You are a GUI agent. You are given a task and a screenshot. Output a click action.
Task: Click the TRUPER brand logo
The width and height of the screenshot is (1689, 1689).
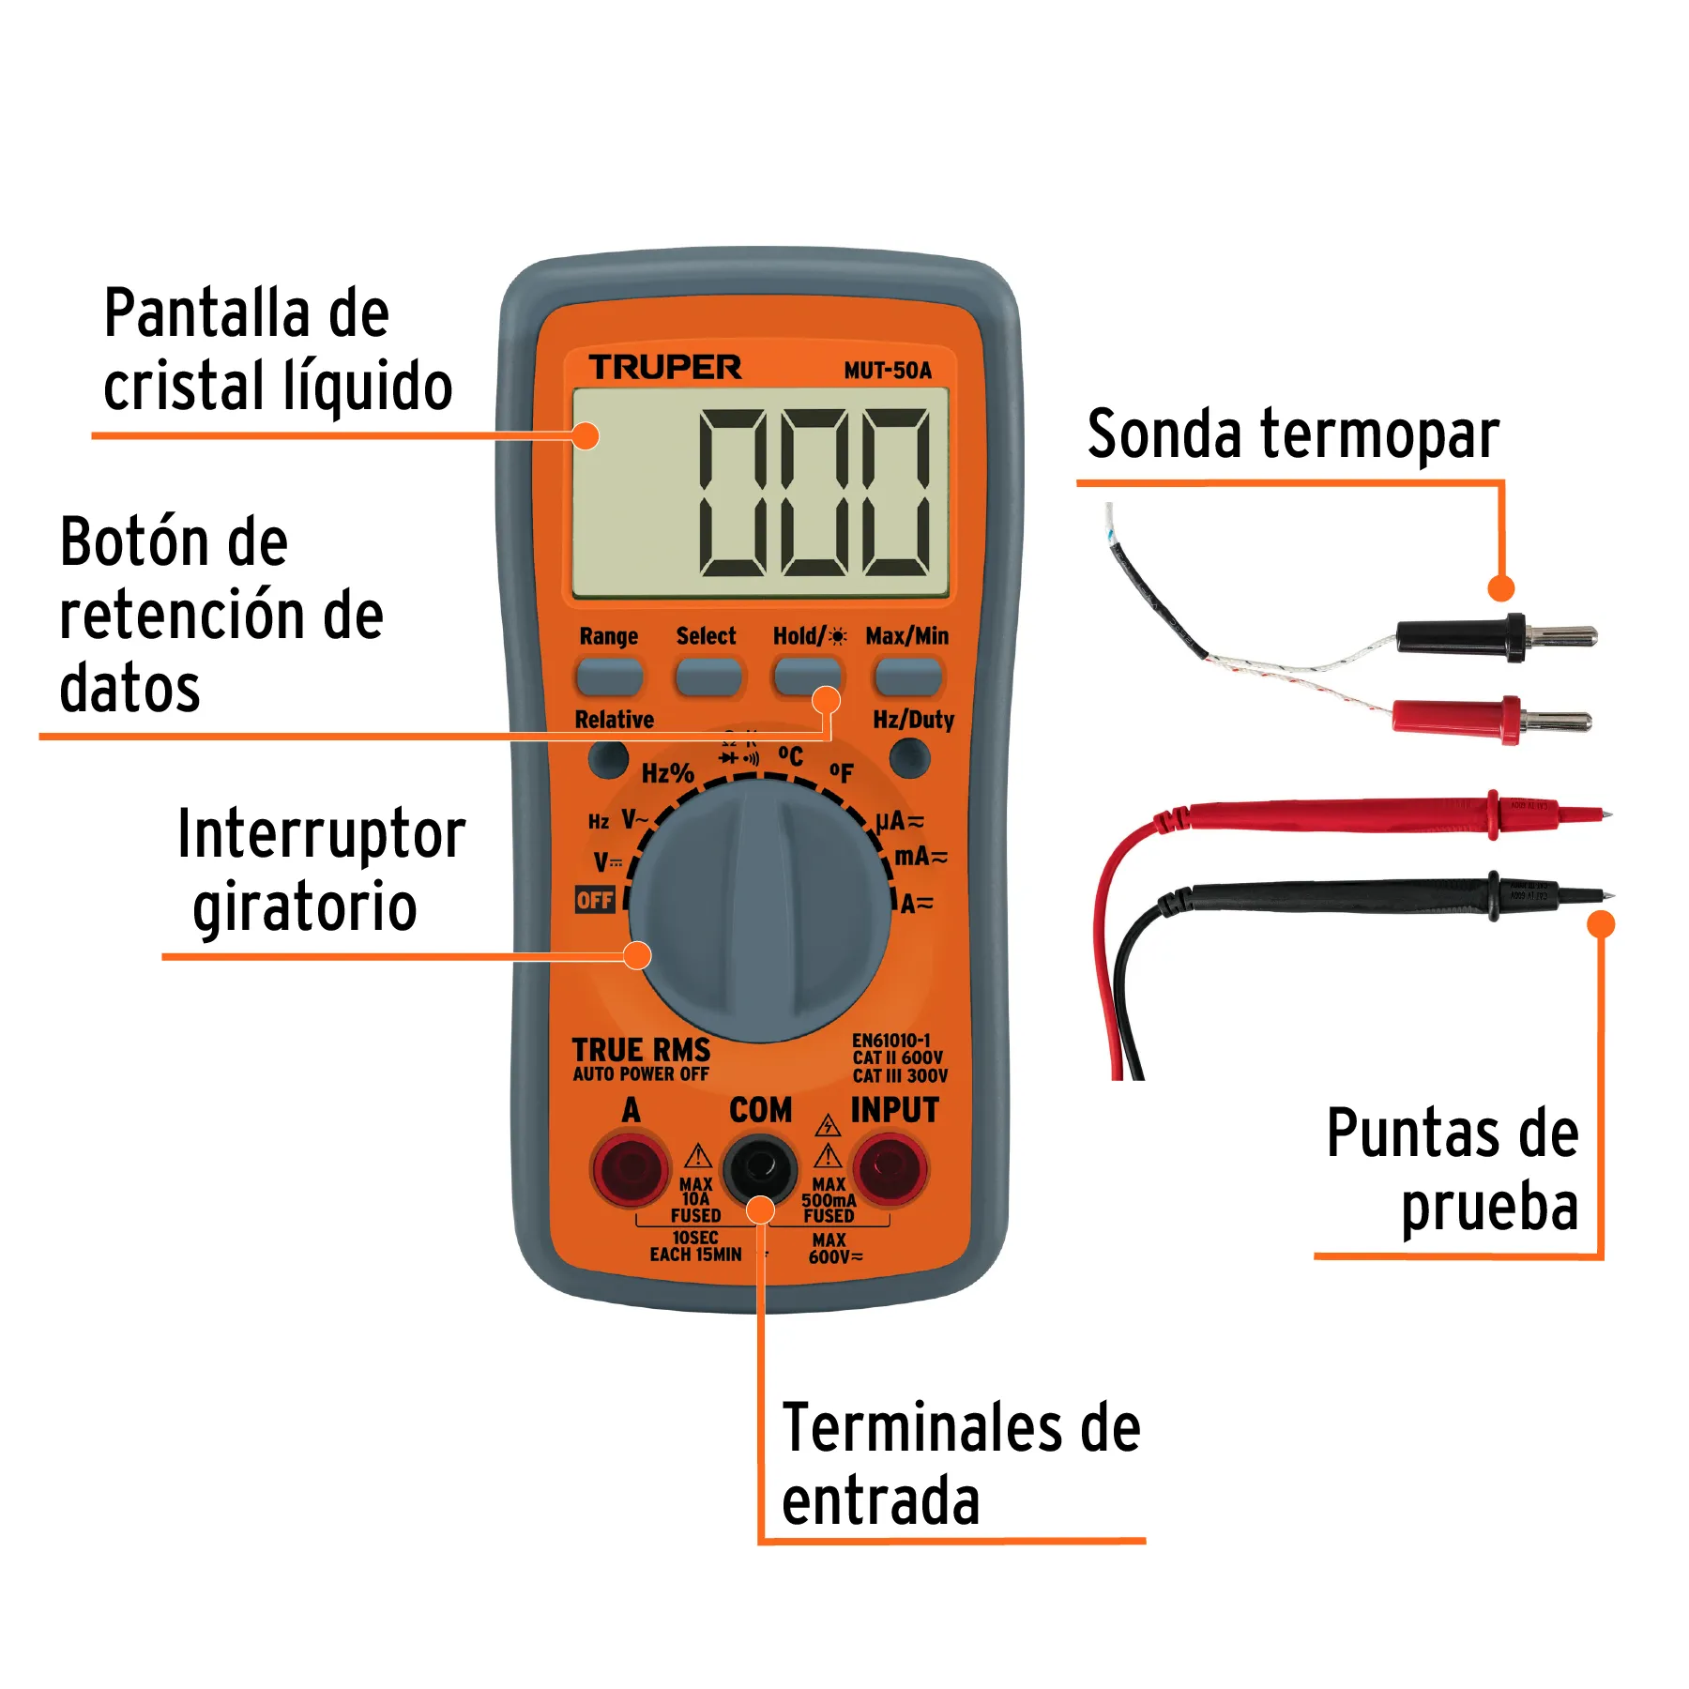click(x=664, y=367)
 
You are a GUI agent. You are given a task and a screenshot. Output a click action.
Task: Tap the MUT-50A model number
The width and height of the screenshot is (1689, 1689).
click(x=887, y=371)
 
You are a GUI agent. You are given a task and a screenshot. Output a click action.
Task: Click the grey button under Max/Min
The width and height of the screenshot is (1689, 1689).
click(x=906, y=677)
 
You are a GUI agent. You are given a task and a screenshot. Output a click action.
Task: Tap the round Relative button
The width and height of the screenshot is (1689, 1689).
click(x=608, y=758)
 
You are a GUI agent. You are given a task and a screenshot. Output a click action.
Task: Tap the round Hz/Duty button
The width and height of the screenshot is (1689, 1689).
click(x=909, y=757)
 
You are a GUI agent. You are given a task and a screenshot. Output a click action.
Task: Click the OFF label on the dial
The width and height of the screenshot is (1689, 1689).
click(x=595, y=901)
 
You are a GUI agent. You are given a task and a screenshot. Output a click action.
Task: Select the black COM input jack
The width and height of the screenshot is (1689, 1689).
click(x=759, y=1168)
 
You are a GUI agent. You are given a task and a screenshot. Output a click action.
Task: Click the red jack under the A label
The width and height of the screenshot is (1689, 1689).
click(x=630, y=1169)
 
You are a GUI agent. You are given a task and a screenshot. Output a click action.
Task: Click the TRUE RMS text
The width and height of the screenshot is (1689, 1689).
click(x=641, y=1050)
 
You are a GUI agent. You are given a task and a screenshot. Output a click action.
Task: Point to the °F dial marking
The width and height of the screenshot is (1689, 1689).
click(x=842, y=772)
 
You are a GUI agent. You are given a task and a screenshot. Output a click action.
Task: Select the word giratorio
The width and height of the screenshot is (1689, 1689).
click(x=305, y=907)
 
